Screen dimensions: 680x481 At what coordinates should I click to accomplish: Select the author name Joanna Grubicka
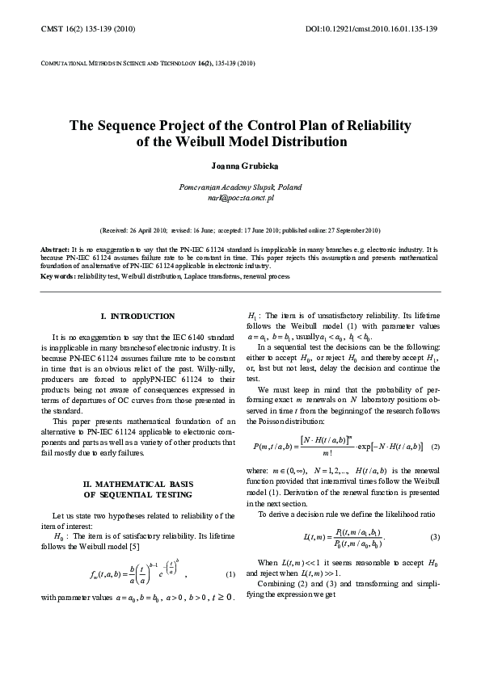click(x=240, y=166)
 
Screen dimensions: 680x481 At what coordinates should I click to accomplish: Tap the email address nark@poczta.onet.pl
click(x=240, y=197)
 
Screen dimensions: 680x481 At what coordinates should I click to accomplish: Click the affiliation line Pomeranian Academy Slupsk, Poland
click(x=240, y=187)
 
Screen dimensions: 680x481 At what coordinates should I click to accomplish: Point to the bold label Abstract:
click(x=55, y=250)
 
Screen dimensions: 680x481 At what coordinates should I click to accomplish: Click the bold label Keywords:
click(x=58, y=276)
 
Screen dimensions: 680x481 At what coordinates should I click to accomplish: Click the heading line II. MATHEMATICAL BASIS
click(x=137, y=484)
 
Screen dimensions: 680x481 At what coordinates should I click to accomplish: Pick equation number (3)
click(x=435, y=537)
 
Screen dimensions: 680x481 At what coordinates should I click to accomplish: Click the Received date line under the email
click(x=240, y=230)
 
